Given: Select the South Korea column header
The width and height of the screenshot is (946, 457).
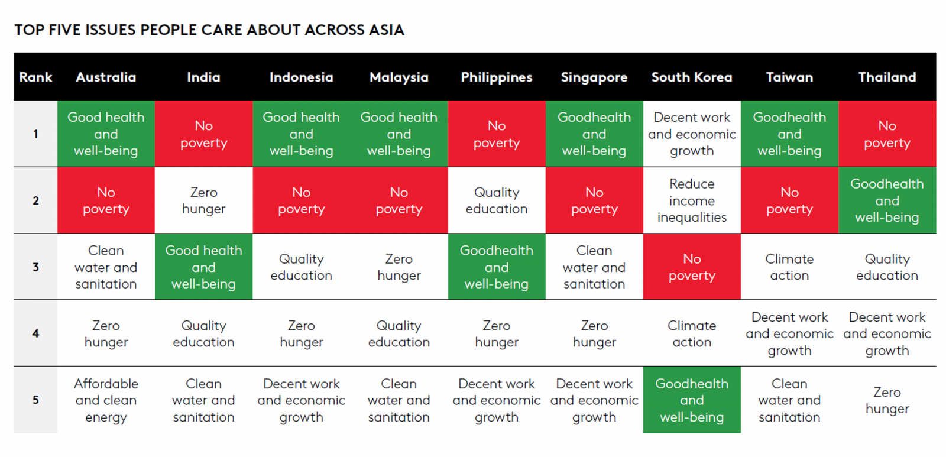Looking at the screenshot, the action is coord(692,77).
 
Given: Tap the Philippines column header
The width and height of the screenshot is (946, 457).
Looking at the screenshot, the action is coord(497,77).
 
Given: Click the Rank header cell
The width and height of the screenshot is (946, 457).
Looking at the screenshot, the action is coord(36,77).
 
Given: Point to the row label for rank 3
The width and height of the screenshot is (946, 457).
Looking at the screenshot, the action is coord(36,267).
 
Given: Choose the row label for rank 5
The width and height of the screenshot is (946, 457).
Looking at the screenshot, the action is coord(36,400).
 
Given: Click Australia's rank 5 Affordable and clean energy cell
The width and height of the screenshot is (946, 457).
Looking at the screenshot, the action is coord(106,400).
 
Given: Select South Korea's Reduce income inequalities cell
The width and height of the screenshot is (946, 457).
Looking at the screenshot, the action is coord(692,200).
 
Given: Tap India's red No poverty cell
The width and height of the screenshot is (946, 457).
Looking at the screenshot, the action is coord(203,134).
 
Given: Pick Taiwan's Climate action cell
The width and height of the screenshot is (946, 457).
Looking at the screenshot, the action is coord(789,267).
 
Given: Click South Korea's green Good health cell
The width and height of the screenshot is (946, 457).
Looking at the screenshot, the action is coord(692,400).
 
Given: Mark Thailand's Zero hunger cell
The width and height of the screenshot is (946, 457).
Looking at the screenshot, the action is coord(887,400).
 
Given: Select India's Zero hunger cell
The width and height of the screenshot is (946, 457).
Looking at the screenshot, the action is coord(203,200).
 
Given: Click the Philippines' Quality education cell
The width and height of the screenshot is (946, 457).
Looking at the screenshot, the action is coord(497,200).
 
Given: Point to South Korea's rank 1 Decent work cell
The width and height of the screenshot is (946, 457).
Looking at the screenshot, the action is coord(692,134).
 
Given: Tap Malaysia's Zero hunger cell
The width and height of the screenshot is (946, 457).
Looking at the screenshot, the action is coord(399,267).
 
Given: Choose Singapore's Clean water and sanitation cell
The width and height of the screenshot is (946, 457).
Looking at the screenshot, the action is coord(594,267).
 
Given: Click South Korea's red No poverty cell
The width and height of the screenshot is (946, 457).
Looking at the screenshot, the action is coord(692,267).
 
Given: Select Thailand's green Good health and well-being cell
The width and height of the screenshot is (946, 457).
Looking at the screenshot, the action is coord(887,200).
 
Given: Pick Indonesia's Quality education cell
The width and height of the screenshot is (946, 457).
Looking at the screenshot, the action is coord(301,267).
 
